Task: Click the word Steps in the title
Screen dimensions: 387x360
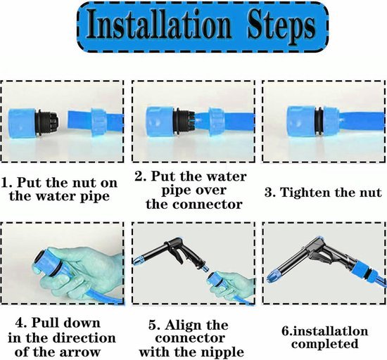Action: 281,27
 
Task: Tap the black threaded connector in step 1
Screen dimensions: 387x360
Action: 47,122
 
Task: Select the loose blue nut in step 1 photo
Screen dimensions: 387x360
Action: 99,122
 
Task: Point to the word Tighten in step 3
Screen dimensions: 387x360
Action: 306,193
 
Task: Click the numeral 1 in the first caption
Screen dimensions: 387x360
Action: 6,184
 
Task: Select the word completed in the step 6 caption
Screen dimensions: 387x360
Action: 325,344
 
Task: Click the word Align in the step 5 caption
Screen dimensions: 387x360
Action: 181,325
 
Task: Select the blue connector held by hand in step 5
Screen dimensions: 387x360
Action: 216,281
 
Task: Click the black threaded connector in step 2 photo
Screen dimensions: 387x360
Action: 184,122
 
